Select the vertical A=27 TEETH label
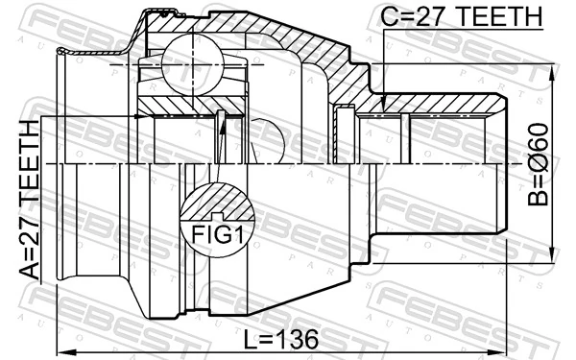[32, 197]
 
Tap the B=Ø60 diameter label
[540, 163]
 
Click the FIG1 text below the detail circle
[218, 234]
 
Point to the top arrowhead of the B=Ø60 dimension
[553, 72]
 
